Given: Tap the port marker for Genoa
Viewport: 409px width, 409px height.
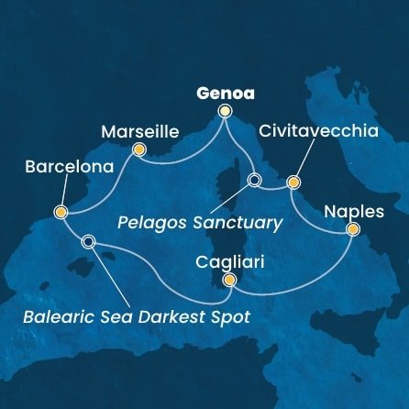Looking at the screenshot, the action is (225, 113).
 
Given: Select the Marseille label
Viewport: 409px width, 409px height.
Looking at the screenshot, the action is (136, 130).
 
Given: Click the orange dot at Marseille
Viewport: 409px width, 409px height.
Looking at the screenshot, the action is (139, 149).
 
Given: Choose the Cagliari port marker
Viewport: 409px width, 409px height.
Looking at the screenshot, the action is (229, 280).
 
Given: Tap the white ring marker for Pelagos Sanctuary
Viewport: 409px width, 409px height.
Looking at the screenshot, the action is (254, 180).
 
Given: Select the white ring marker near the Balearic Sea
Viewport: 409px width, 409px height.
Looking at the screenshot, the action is (88, 242).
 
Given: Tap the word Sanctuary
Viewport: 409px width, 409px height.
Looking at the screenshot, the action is (248, 223).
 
